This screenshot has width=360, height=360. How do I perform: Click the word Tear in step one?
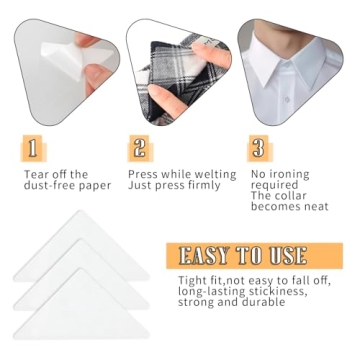(x=38, y=173)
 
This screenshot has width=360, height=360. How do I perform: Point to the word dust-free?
(x=46, y=186)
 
